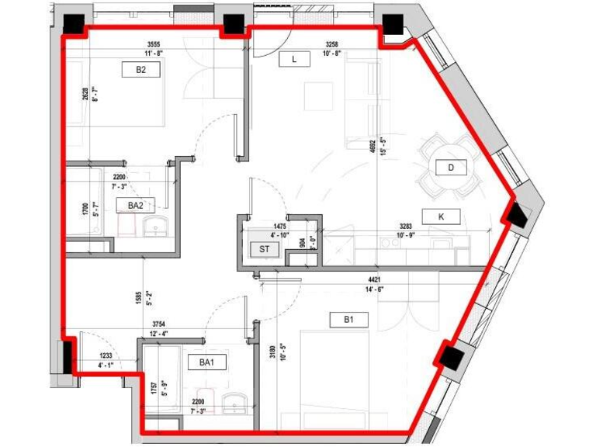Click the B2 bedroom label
tap(141, 70)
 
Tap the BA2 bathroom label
tap(134, 206)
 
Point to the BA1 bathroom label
tap(206, 362)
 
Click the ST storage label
tap(265, 249)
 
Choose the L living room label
tap(294, 59)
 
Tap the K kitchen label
tap(442, 217)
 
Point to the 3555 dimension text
tap(158, 45)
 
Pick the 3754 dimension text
tap(161, 324)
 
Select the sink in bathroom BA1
tap(234, 404)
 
